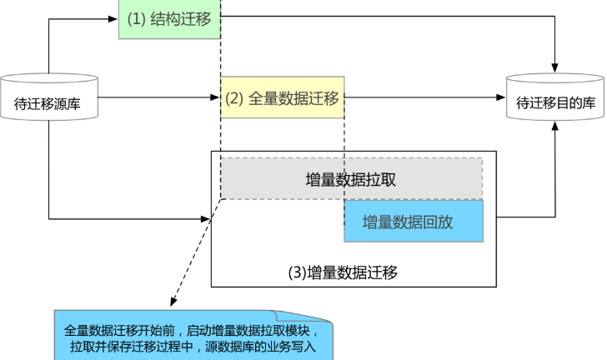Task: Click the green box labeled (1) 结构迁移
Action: [169, 19]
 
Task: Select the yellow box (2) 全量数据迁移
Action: [282, 97]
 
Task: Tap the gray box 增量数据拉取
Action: [352, 179]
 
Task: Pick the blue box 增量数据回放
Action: [414, 221]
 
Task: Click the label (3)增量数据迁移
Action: [343, 272]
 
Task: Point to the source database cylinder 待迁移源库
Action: [48, 97]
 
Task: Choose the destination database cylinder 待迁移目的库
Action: [555, 97]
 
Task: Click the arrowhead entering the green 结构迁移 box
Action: [113, 19]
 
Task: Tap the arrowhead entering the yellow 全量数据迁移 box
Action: [215, 97]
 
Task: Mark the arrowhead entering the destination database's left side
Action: [501, 97]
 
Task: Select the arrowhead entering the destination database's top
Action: [554, 67]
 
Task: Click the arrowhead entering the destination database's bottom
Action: [555, 126]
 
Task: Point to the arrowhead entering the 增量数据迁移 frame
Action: [206, 219]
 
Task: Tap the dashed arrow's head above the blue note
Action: [173, 302]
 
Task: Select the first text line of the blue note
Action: [193, 331]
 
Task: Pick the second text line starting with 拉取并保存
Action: [193, 346]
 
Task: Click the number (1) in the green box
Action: [136, 19]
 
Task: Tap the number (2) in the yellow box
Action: [234, 98]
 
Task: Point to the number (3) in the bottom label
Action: [298, 272]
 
